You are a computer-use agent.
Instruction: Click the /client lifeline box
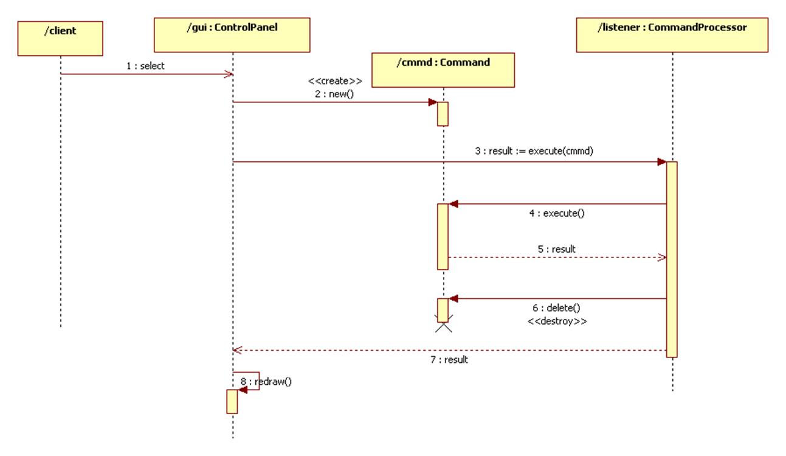pyautogui.click(x=60, y=38)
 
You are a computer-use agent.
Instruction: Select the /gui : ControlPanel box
pyautogui.click(x=232, y=35)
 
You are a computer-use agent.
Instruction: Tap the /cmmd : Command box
pyautogui.click(x=443, y=69)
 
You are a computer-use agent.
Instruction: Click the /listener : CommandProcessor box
pyautogui.click(x=672, y=35)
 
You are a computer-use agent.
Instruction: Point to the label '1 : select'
pyautogui.click(x=145, y=66)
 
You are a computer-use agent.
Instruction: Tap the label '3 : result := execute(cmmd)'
pyautogui.click(x=534, y=151)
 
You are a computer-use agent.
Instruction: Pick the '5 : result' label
pyautogui.click(x=556, y=248)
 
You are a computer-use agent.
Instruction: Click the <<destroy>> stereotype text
pyautogui.click(x=557, y=321)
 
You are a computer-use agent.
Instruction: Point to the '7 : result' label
pyautogui.click(x=449, y=360)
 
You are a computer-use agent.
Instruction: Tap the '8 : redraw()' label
pyautogui.click(x=266, y=382)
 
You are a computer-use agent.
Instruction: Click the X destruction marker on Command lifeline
pyautogui.click(x=443, y=327)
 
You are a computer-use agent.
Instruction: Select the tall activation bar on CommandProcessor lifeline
pyautogui.click(x=671, y=259)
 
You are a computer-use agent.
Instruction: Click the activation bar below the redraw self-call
pyautogui.click(x=232, y=401)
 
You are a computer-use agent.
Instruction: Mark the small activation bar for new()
pyautogui.click(x=443, y=114)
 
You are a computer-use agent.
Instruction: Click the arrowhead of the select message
pyautogui.click(x=229, y=74)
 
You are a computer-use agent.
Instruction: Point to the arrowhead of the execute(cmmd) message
pyautogui.click(x=662, y=162)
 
